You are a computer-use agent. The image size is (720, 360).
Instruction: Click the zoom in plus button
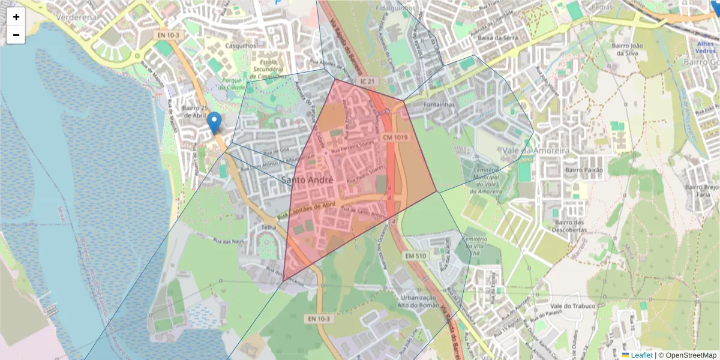coord(16,17)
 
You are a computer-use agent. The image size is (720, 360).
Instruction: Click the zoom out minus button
coord(16,35)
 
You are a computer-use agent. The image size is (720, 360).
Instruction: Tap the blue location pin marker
coord(214,124)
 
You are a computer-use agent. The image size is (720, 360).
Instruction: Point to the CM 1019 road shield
coord(395,137)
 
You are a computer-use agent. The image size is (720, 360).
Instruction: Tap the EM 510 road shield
coord(415,256)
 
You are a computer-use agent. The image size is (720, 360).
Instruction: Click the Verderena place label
coord(76,17)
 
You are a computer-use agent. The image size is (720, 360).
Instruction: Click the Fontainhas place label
coord(440,104)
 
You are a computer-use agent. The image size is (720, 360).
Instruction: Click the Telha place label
coord(268,227)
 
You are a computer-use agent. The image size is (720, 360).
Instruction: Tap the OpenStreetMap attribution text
coord(687,355)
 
